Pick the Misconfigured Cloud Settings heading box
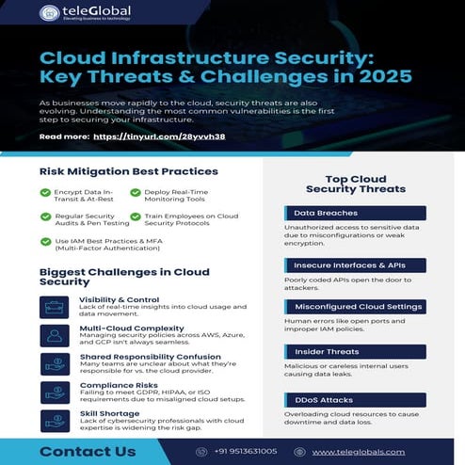pos(354,308)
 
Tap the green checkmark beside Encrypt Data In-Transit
pos(45,192)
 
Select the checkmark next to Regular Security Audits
pos(45,216)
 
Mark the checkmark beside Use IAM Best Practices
pos(45,242)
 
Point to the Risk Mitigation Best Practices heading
pos(129,171)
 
